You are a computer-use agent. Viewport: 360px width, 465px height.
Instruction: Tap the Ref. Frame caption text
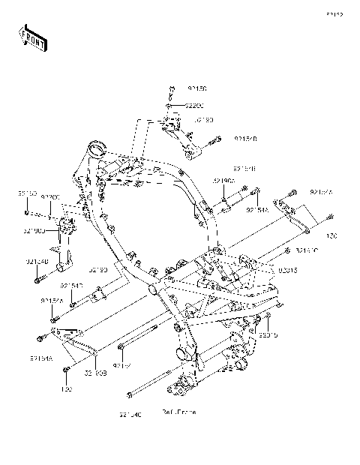178,412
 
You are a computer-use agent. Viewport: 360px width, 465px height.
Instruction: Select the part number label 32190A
223,181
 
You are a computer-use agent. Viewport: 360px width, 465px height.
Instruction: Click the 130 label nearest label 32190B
66,390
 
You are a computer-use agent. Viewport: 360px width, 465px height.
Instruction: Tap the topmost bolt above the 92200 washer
172,91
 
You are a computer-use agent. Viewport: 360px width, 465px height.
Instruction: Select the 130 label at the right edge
331,235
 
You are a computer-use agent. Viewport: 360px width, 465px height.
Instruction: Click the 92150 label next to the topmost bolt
197,88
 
